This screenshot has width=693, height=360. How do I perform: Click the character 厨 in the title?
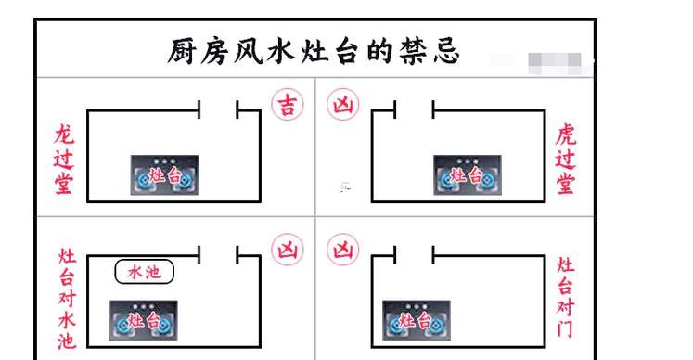click(182, 50)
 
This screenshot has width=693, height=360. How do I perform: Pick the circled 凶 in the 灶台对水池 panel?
click(284, 251)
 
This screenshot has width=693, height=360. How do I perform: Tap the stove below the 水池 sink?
click(145, 321)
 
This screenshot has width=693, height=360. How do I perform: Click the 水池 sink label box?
click(144, 272)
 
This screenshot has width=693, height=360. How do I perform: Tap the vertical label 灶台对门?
click(565, 297)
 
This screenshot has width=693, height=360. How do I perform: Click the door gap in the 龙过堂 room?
click(219, 111)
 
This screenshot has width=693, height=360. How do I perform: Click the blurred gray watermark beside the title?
click(554, 60)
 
